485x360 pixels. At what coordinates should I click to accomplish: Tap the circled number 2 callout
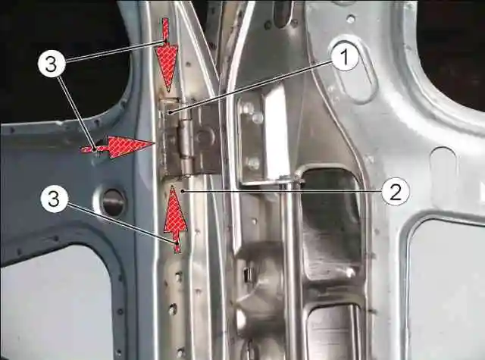(396, 192)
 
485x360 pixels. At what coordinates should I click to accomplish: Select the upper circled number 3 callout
(52, 65)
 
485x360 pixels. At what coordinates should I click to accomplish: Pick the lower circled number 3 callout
(54, 199)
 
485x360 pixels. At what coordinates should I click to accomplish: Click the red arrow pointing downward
(167, 55)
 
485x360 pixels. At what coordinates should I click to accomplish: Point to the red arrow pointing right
(117, 146)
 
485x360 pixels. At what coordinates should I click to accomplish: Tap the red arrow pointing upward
(175, 219)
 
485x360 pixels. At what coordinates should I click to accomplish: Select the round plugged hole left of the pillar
(114, 202)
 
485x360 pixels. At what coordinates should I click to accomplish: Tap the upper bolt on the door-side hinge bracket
(257, 117)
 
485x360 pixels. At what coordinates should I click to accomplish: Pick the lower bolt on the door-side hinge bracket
(252, 163)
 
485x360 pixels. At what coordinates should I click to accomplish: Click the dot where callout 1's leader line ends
(170, 113)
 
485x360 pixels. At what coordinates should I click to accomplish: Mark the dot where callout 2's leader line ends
(183, 192)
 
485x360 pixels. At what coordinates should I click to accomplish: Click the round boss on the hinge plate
(205, 136)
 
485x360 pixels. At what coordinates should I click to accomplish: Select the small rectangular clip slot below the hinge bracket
(248, 274)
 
